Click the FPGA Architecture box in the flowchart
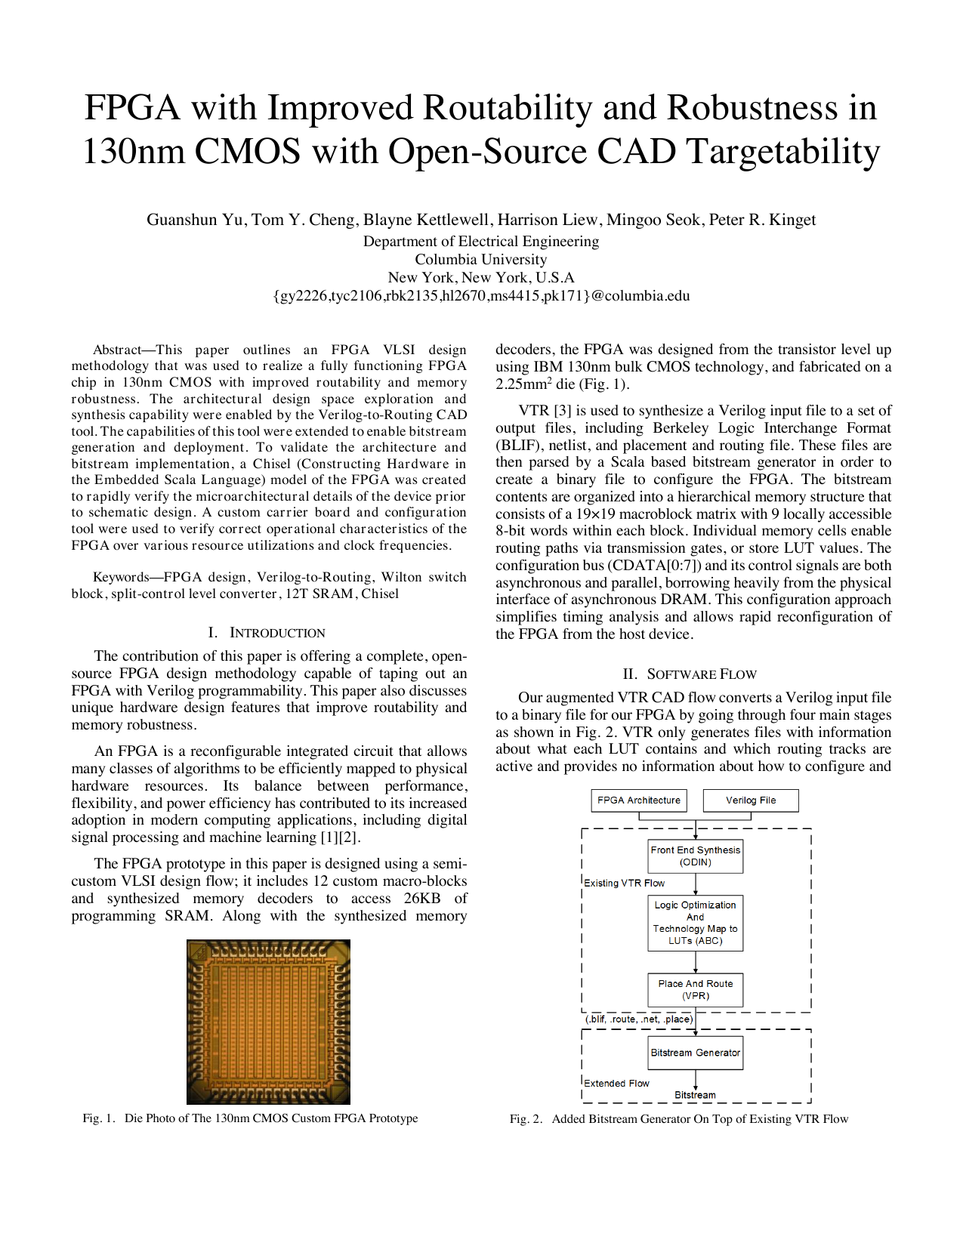point(638,800)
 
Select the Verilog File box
point(751,800)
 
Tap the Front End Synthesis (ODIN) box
point(695,856)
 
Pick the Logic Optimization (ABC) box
point(695,923)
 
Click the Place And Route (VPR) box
point(695,990)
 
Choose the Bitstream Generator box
point(695,1053)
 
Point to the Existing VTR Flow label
point(624,883)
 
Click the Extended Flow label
point(616,1084)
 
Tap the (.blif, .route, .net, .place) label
point(639,1019)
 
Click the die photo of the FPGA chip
point(268,1022)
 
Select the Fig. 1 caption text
point(250,1118)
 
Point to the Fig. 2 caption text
point(678,1119)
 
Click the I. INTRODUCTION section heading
point(267,633)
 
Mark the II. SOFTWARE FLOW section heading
point(690,674)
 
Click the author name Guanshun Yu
point(195,220)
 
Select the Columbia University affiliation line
point(480,259)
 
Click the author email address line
point(480,296)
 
